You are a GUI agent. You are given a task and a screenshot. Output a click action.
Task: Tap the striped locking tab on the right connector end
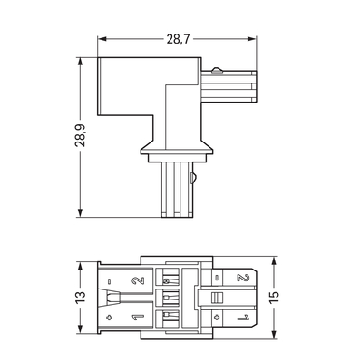pyautogui.click(x=216, y=298)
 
